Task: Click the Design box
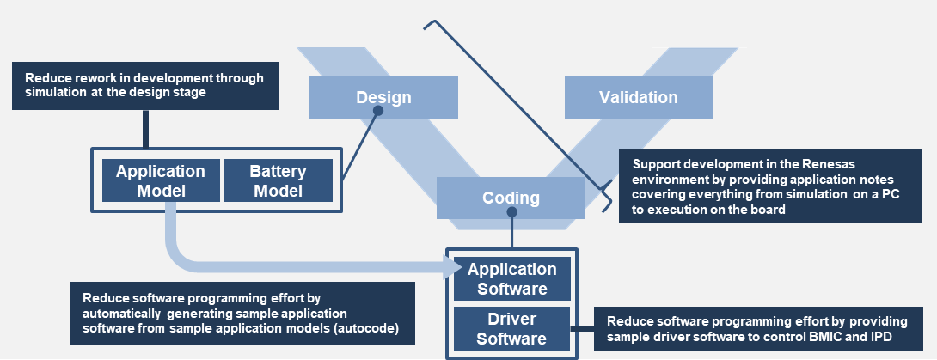tap(383, 97)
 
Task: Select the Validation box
tap(639, 97)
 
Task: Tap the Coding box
tap(511, 198)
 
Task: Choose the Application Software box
tap(512, 278)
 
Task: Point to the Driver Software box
tap(512, 328)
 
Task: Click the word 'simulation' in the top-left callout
tap(58, 93)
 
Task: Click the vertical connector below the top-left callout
tap(143, 129)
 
